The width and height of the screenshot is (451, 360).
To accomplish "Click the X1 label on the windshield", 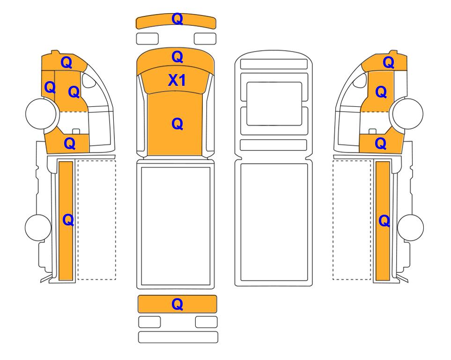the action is [x=177, y=80].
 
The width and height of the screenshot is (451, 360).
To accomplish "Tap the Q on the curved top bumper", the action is [x=177, y=19].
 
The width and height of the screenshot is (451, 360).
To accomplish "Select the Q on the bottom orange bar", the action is [x=177, y=304].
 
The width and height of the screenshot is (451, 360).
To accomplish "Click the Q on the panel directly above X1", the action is [x=177, y=57].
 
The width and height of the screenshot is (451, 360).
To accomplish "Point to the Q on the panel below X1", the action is [x=177, y=124].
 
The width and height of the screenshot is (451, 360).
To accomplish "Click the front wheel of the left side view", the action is [x=41, y=113].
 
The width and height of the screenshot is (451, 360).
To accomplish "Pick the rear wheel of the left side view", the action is [x=38, y=227].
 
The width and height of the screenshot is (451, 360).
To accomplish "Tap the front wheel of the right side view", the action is [x=408, y=113].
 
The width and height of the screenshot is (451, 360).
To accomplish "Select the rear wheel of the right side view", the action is [x=410, y=227].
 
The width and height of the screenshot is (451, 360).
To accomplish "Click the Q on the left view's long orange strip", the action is [x=68, y=220].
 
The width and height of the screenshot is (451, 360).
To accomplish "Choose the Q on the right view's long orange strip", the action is [x=384, y=221].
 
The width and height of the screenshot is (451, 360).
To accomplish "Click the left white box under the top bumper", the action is [x=147, y=38].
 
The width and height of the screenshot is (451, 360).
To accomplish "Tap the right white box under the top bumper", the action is [x=205, y=38].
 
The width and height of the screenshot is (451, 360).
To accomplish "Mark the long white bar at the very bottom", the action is [x=178, y=337].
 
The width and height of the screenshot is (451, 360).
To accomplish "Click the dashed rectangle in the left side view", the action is [x=97, y=220].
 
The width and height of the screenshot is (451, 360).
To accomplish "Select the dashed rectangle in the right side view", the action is [x=352, y=220].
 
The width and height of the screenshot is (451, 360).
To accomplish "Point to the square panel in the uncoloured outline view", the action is [x=274, y=104].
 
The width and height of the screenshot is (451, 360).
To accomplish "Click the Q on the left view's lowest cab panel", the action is [x=70, y=143].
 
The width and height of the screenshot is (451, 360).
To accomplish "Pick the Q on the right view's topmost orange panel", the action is [x=388, y=62].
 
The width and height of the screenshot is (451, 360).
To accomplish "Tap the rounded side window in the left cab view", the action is [x=89, y=80].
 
